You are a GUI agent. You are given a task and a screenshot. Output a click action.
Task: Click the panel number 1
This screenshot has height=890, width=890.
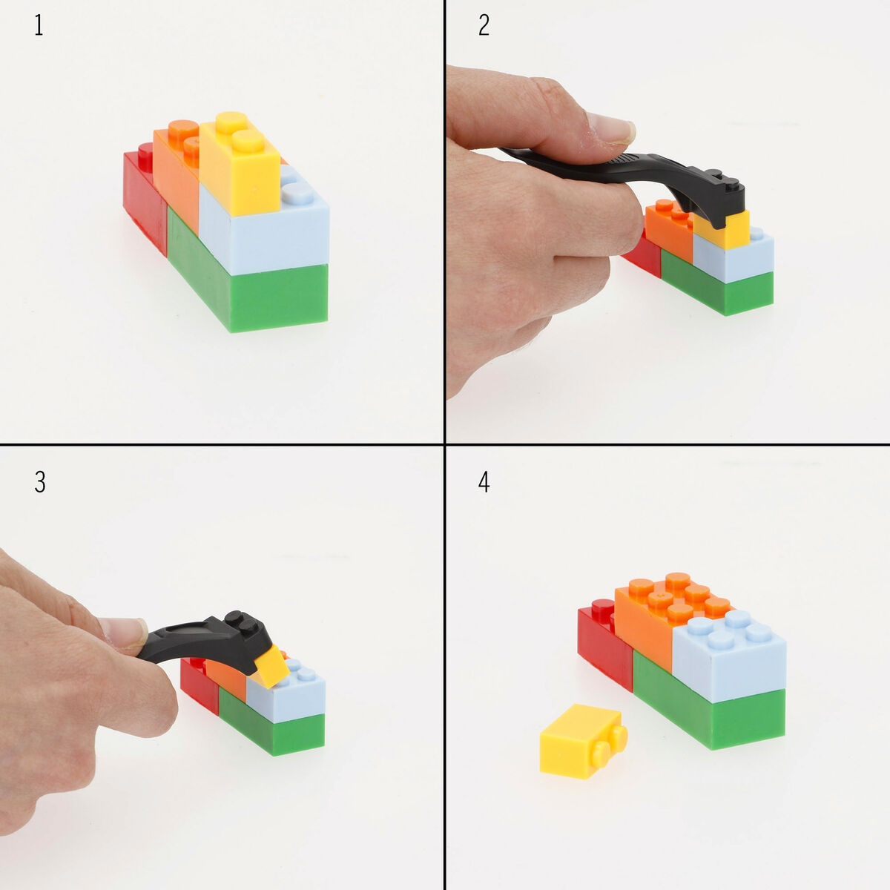[x=39, y=26]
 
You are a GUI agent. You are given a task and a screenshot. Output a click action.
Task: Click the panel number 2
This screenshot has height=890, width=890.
[x=484, y=26]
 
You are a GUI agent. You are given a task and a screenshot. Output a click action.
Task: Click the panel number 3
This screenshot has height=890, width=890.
[x=39, y=482]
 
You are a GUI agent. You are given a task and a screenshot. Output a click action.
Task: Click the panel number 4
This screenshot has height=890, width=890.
[x=484, y=482]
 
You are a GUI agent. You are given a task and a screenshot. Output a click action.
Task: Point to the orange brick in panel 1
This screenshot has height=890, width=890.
[x=177, y=182]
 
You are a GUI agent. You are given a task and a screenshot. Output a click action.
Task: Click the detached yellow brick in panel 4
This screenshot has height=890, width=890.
[x=578, y=742]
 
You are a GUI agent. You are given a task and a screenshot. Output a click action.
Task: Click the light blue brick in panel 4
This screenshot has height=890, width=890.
[x=731, y=664]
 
